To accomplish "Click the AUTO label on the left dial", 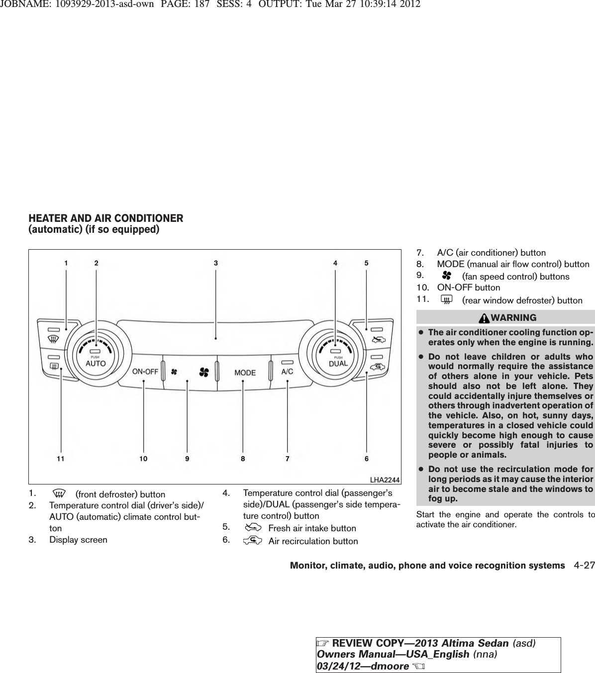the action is pyautogui.click(x=96, y=364).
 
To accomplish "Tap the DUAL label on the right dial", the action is pyautogui.click(x=338, y=363).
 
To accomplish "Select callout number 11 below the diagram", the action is pyautogui.click(x=60, y=459).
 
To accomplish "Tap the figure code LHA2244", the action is pyautogui.click(x=385, y=480).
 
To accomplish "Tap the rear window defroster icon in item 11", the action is pyautogui.click(x=447, y=299).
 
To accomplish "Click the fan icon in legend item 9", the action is pyautogui.click(x=446, y=276).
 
